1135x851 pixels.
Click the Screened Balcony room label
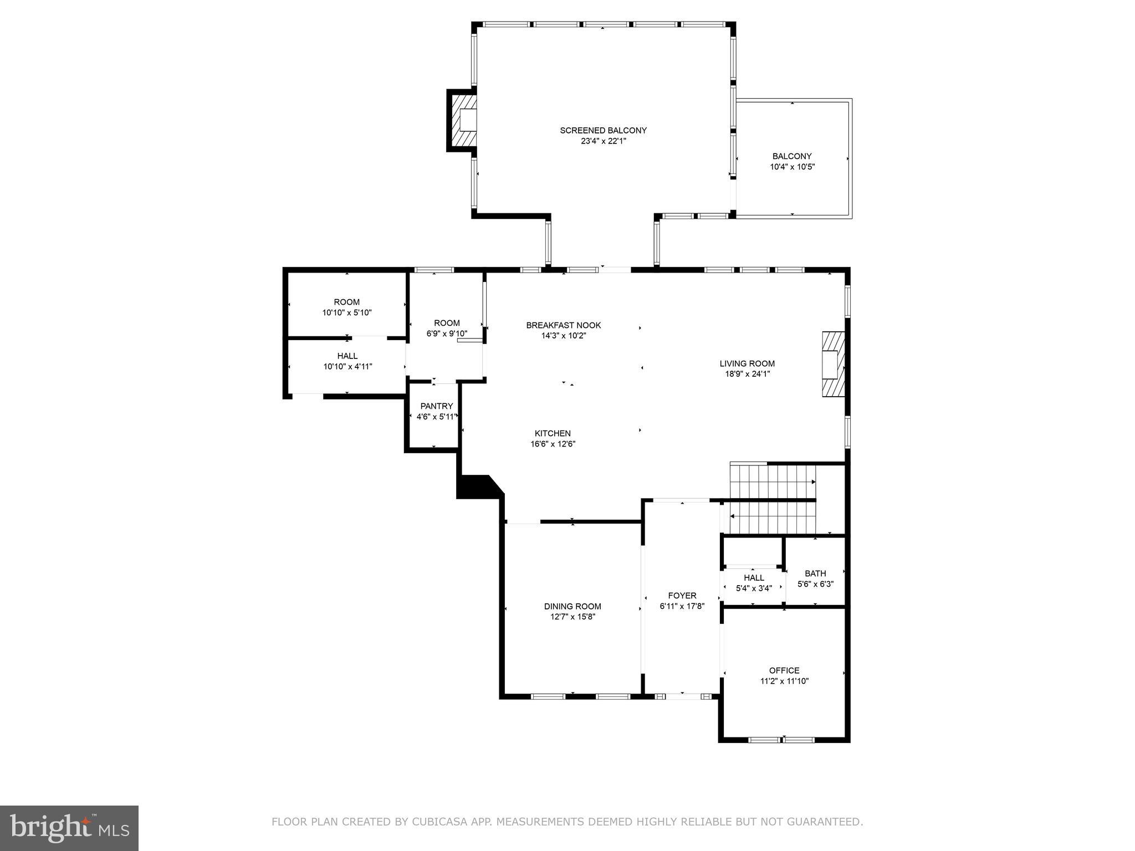click(603, 131)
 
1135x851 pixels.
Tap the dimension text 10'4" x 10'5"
click(792, 167)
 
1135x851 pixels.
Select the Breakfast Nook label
click(563, 325)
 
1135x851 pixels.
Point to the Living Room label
click(747, 363)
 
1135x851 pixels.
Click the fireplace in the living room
click(833, 364)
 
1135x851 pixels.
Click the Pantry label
click(436, 406)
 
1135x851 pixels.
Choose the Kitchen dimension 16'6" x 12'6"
click(553, 444)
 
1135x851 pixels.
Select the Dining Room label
click(572, 606)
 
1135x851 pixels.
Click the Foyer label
click(682, 596)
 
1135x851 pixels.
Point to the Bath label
click(815, 573)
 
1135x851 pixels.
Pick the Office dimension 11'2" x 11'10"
click(784, 681)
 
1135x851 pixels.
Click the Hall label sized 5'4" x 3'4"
click(754, 577)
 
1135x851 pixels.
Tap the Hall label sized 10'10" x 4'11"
click(347, 356)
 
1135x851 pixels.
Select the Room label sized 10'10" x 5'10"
click(346, 302)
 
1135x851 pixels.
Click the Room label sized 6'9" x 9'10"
click(447, 323)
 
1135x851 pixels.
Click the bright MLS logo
click(69, 828)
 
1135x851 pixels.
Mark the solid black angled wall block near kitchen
click(477, 487)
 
